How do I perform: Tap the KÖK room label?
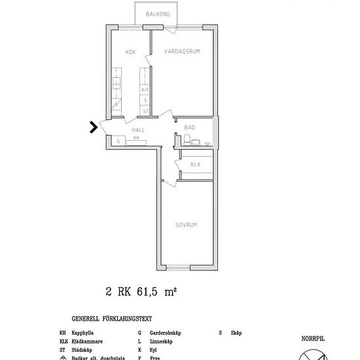(x=131, y=52)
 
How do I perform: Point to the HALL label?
(x=138, y=130)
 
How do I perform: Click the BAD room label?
(x=189, y=127)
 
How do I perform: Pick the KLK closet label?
(x=195, y=166)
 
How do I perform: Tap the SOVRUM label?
(x=186, y=225)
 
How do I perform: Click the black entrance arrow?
(x=94, y=127)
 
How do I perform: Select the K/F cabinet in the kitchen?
(x=145, y=89)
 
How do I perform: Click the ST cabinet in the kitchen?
(x=145, y=111)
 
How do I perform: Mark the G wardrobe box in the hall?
(x=118, y=141)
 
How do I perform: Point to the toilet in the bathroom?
(x=187, y=139)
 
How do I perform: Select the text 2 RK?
(x=118, y=293)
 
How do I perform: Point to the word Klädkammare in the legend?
(x=88, y=342)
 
